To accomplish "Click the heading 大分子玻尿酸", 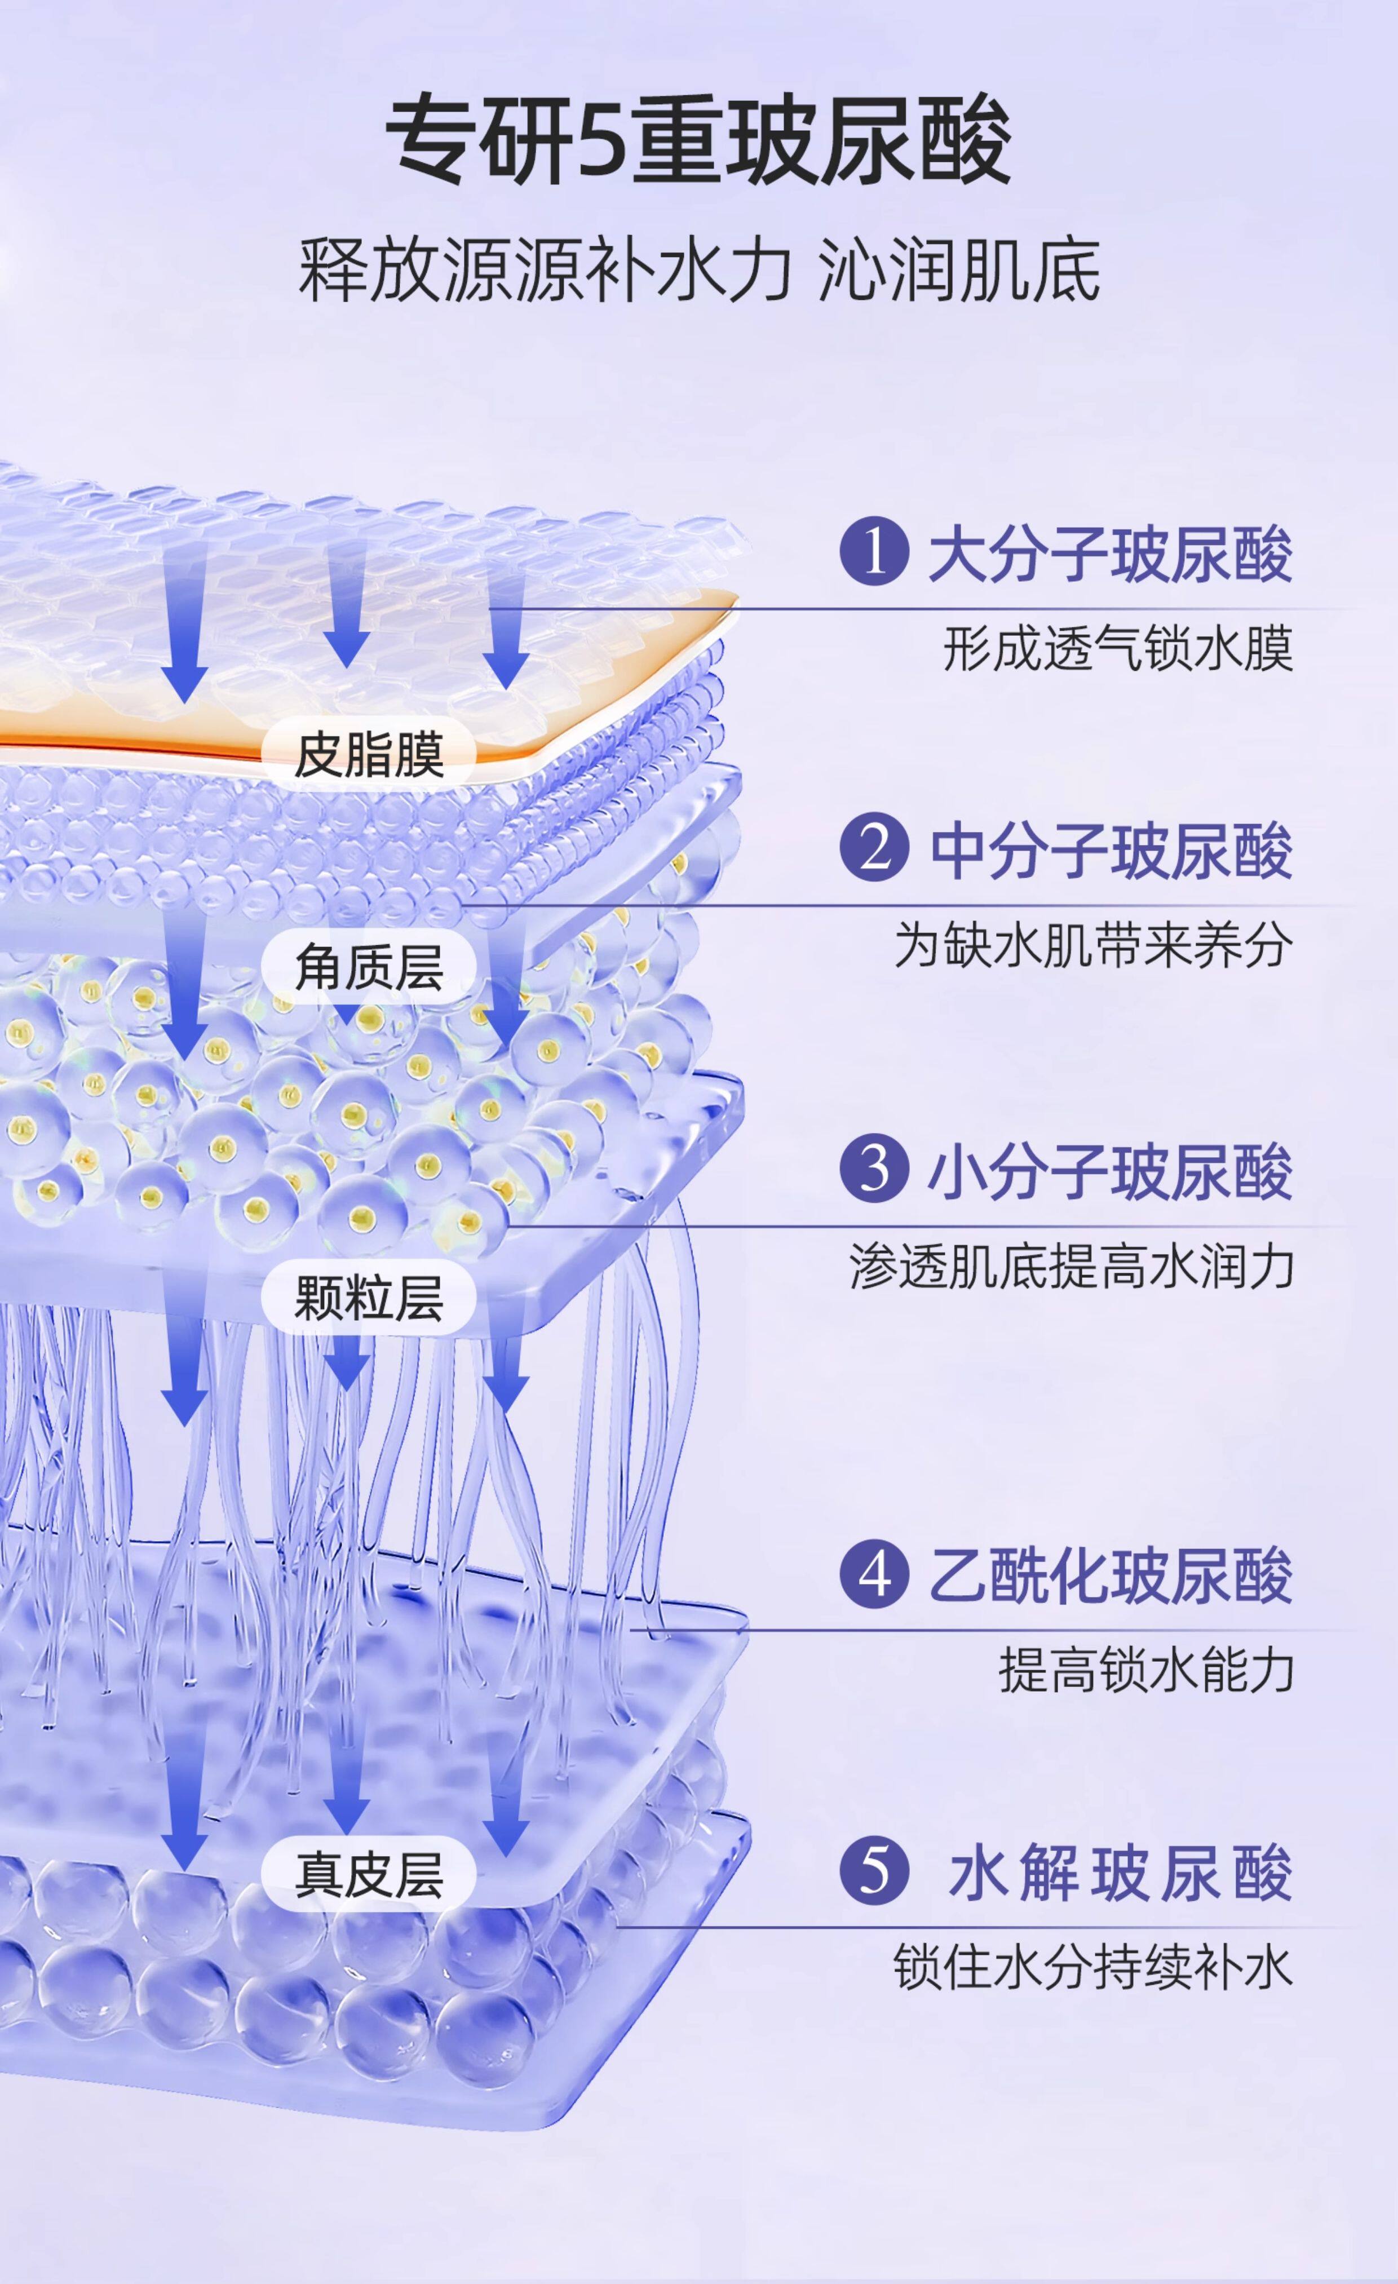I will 1111,554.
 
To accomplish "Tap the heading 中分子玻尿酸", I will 1111,849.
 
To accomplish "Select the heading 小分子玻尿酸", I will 1111,1170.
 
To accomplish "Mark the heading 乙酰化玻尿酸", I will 1111,1576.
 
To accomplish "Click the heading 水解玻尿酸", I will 1120,1873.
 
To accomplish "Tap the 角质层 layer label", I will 369,967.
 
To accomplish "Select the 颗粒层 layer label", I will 369,1297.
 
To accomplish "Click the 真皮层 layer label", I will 369,1873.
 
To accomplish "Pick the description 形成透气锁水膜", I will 1118,648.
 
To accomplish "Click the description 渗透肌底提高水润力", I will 1072,1265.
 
